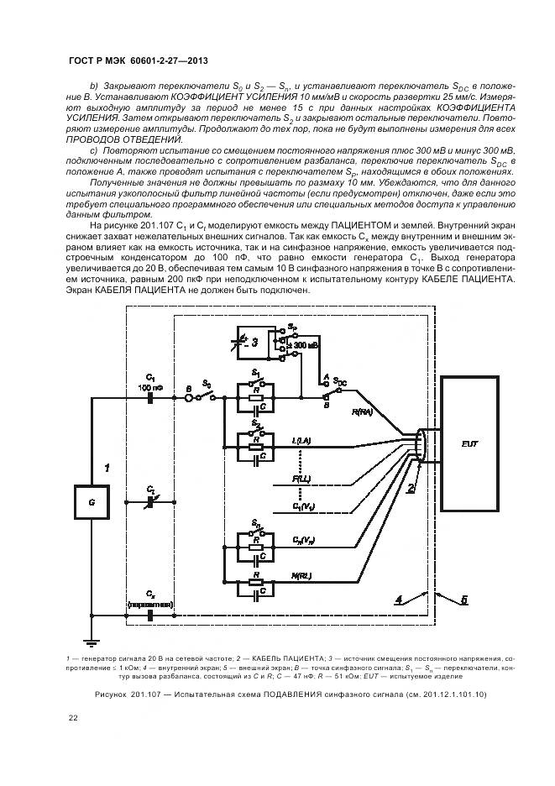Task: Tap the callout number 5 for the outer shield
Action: [x=463, y=600]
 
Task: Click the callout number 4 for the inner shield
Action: [x=401, y=600]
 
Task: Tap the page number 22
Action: [x=73, y=718]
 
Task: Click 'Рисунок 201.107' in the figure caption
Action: [x=126, y=694]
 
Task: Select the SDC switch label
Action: [x=340, y=380]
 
